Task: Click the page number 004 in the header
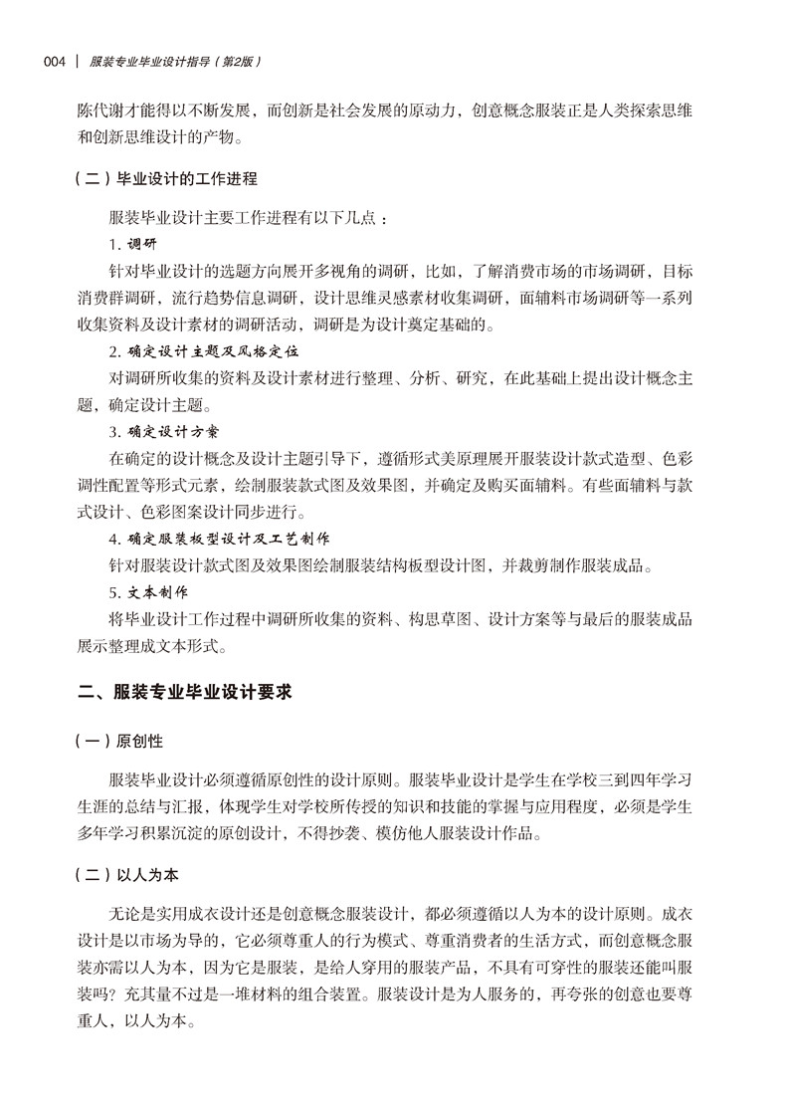pyautogui.click(x=55, y=63)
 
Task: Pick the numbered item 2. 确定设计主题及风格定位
pyautogui.click(x=204, y=350)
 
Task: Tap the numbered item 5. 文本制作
pyautogui.click(x=147, y=593)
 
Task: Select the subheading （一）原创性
pyautogui.click(x=119, y=742)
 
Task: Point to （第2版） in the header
pyautogui.click(x=237, y=63)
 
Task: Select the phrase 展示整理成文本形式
pyautogui.click(x=151, y=646)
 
